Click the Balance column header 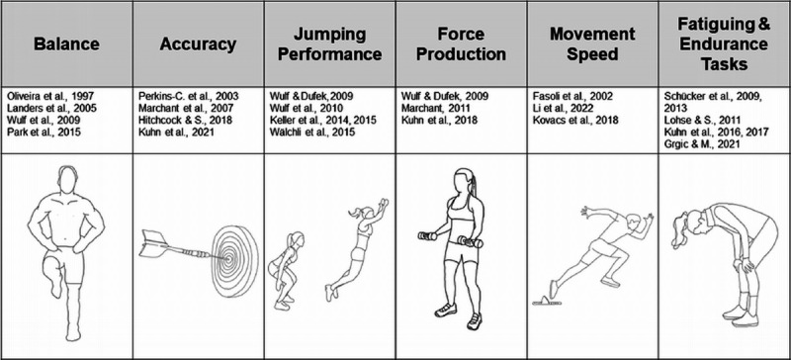[x=66, y=44]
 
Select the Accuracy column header [x=198, y=44]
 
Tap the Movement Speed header [x=592, y=44]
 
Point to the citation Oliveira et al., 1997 [x=51, y=96]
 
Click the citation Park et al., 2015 [x=44, y=133]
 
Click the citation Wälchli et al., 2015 [x=312, y=133]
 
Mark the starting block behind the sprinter [x=547, y=303]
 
